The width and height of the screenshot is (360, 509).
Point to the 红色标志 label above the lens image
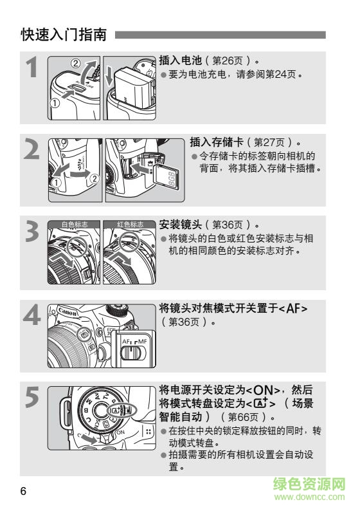click(130, 224)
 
